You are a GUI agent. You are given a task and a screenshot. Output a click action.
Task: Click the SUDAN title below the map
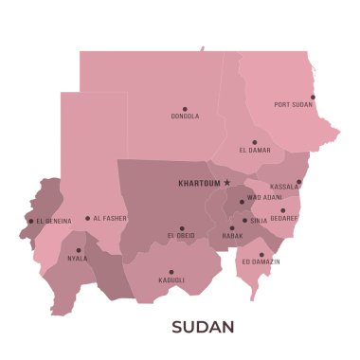coord(203,327)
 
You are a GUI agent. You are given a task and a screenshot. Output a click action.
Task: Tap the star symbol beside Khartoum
coord(227,182)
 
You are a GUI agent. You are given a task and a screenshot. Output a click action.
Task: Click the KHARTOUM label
coord(199,182)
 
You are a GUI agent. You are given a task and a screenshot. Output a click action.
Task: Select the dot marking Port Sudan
coord(313,97)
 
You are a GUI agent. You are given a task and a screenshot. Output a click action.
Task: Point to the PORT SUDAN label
coord(294,105)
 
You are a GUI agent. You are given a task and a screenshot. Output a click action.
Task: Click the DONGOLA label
coord(185,117)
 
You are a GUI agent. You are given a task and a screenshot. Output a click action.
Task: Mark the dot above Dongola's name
coord(185,108)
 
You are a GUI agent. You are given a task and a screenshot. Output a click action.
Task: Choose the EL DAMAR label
coord(255,151)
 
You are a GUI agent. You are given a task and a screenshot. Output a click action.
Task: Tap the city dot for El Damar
coord(254,142)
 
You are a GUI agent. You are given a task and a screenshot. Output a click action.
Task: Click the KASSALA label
coord(283,187)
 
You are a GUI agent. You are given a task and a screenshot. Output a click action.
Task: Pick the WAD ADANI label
coord(264,198)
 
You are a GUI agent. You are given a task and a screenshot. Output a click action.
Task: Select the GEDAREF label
coord(284,217)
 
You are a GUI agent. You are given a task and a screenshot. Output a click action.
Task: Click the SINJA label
coord(259,220)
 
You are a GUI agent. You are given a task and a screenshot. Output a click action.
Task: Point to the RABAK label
coord(232,235)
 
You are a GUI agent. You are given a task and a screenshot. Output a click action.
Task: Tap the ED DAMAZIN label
coord(261,261)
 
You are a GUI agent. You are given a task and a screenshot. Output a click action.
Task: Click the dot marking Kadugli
coord(171,272)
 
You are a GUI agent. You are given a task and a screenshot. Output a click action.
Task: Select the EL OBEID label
coord(181,235)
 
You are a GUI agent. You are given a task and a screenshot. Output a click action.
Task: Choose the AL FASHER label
coord(110,219)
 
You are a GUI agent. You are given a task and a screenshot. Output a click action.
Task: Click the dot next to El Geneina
coord(30,222)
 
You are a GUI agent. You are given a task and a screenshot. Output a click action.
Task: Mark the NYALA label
coord(78,258)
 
